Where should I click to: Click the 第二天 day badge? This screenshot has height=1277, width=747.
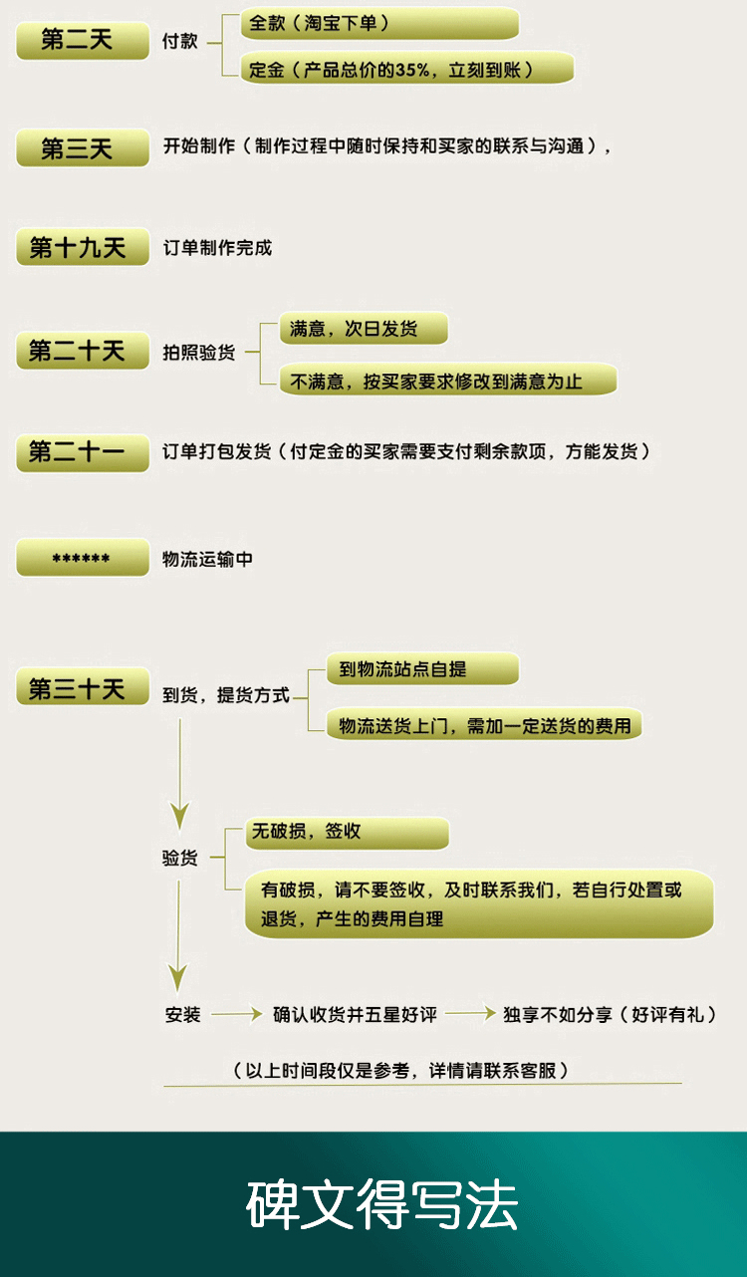click(x=83, y=41)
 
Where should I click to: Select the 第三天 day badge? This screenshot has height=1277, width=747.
click(x=83, y=148)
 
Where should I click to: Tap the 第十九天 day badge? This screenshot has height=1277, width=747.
click(x=83, y=247)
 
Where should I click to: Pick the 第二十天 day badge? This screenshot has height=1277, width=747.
click(x=83, y=350)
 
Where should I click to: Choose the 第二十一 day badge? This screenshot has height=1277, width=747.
click(x=83, y=452)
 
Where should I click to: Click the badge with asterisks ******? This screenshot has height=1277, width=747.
click(x=83, y=557)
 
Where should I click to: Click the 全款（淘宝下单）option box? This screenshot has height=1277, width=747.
click(x=379, y=23)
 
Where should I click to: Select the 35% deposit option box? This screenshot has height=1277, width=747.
click(x=407, y=69)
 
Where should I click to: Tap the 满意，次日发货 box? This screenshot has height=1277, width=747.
click(x=364, y=328)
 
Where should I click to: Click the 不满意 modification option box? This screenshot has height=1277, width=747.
click(x=448, y=380)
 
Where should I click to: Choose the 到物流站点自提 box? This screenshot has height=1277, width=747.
click(x=422, y=668)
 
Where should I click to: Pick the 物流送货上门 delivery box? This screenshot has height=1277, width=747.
click(x=484, y=724)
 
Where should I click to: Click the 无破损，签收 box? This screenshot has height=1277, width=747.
click(x=348, y=834)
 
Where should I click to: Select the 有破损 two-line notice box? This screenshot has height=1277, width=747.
click(x=479, y=903)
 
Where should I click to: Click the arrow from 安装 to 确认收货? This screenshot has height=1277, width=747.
click(x=237, y=1014)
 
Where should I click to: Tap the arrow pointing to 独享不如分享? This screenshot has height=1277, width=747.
click(x=470, y=1013)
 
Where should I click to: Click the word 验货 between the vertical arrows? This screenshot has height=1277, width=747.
click(x=179, y=858)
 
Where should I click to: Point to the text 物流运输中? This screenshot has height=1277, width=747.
click(x=207, y=559)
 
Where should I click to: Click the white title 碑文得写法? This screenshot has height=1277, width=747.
click(x=382, y=1203)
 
